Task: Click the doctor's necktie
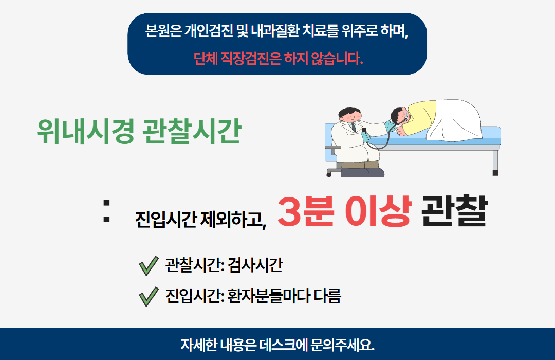353,127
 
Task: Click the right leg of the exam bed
495,162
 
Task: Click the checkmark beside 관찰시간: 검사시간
148,266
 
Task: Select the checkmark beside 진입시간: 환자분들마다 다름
148,297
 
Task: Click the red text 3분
307,211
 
